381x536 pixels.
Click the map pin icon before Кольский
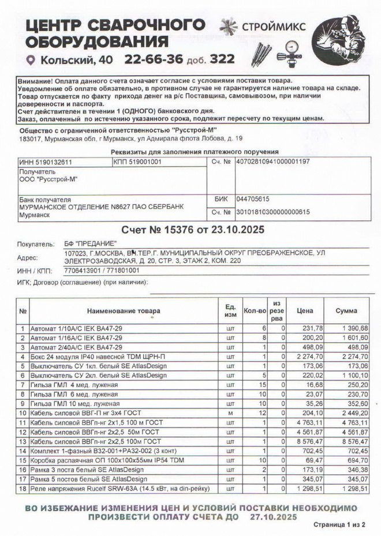point(31,60)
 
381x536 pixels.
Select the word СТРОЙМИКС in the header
point(273,26)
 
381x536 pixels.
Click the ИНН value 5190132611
point(46,162)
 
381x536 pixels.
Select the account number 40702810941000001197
point(273,162)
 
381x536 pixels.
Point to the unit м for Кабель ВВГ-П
point(230,413)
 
